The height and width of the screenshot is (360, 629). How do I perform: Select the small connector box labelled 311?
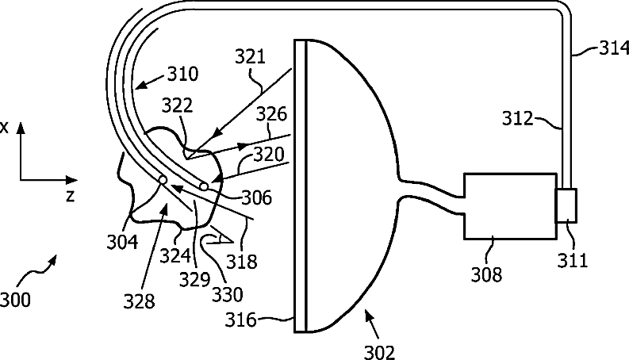tap(566, 205)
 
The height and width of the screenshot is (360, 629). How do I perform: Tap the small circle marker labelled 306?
tap(205, 186)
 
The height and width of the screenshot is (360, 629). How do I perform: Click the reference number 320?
tap(268, 153)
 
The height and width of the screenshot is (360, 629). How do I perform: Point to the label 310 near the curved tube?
tap(182, 75)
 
